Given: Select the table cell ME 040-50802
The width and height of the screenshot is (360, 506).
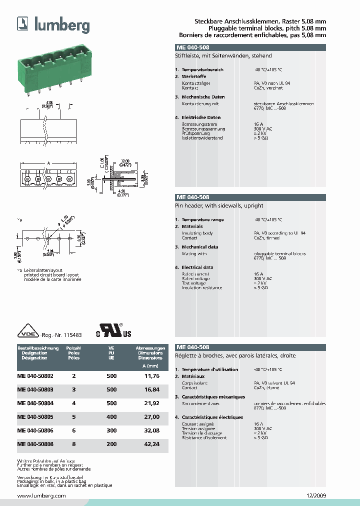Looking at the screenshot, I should (x=35, y=375).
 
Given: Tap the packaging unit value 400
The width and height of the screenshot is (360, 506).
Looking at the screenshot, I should (x=111, y=416).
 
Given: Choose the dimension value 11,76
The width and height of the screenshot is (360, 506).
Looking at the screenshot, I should (x=152, y=375).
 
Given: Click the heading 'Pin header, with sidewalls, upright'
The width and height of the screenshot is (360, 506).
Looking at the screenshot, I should (x=219, y=205).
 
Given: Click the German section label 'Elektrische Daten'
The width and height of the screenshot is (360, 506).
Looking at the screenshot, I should (x=201, y=117).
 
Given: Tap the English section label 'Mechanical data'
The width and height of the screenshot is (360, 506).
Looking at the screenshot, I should (x=199, y=247).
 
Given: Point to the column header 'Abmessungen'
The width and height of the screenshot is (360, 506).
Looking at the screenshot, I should (x=150, y=347).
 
